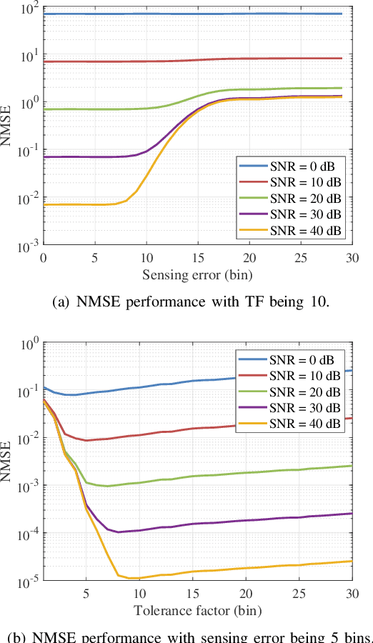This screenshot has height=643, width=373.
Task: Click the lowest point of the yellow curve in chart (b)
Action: (x=131, y=578)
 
